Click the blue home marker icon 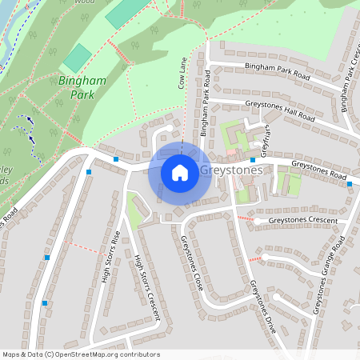click(180, 172)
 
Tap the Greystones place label click(229, 171)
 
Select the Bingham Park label click(76, 87)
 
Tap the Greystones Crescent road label click(303, 220)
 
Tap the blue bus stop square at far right click(350, 185)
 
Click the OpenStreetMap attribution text click(81, 354)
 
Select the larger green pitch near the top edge click(126, 10)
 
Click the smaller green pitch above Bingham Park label click(78, 58)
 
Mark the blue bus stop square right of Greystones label click(253, 160)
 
